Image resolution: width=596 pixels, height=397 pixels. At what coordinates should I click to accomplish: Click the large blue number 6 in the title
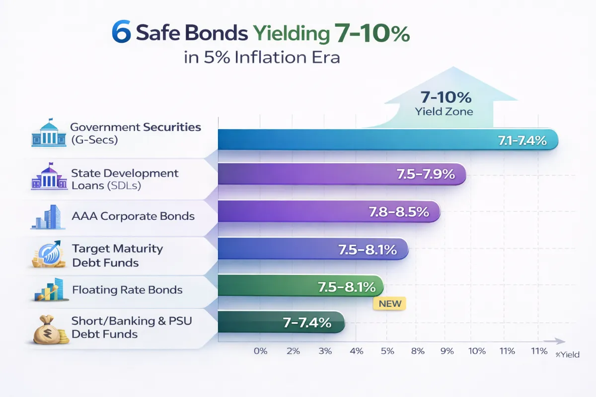pyautogui.click(x=122, y=34)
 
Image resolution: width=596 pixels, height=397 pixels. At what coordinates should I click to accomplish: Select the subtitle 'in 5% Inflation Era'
pyautogui.click(x=262, y=58)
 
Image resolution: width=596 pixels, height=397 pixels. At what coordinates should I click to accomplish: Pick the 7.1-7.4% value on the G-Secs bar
pyautogui.click(x=522, y=141)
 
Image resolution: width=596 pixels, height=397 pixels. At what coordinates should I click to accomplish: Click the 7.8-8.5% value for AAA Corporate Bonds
pyautogui.click(x=399, y=212)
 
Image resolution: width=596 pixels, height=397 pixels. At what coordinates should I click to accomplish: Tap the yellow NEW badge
pyautogui.click(x=389, y=303)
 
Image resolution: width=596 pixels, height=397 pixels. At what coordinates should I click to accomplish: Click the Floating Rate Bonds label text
pyautogui.click(x=127, y=290)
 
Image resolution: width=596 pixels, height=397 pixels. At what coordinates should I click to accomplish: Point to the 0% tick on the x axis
pyautogui.click(x=260, y=351)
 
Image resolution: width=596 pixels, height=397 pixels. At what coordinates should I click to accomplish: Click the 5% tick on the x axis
pyautogui.click(x=387, y=351)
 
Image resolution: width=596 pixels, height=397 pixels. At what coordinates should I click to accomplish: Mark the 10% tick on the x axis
pyautogui.click(x=477, y=351)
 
